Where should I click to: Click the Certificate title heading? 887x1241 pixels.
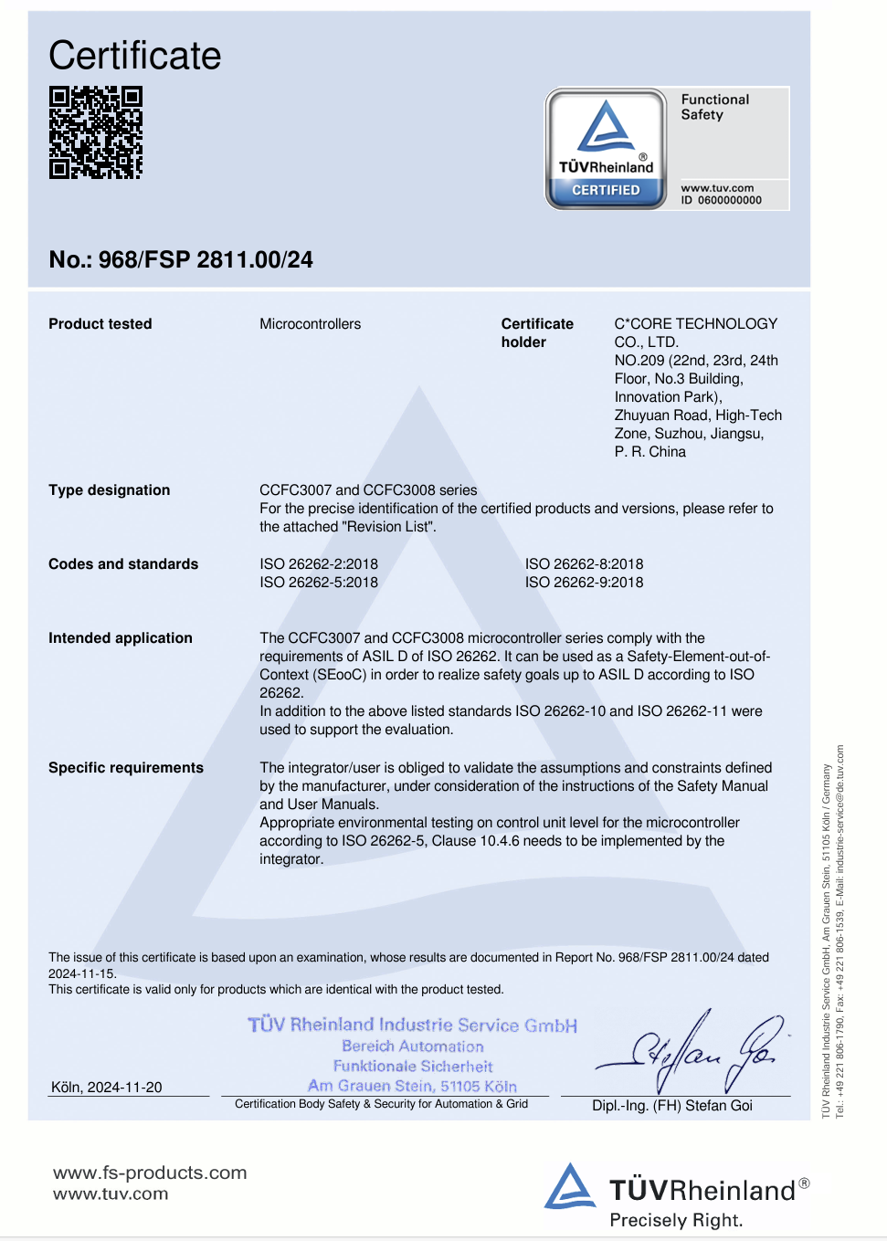[135, 56]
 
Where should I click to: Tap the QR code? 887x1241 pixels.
[96, 132]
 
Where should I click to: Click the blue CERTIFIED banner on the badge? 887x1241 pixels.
[606, 190]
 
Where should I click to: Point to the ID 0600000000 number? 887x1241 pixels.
[721, 200]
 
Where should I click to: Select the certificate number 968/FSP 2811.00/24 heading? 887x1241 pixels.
[181, 260]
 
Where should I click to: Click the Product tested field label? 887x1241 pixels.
[100, 324]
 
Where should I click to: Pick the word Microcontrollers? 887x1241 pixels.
[310, 324]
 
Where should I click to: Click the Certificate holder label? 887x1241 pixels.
[536, 333]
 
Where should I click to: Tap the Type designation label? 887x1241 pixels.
[110, 490]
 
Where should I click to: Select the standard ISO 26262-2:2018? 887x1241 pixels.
[319, 564]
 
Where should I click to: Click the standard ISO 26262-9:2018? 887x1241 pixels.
[584, 583]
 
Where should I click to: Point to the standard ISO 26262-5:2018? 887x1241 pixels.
[319, 583]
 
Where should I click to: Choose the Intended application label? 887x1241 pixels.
[121, 638]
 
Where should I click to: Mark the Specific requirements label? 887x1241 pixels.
[126, 768]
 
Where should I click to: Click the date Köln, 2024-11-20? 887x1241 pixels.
[107, 1087]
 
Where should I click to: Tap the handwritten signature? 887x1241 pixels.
[694, 1052]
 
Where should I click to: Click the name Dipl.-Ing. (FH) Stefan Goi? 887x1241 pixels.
[672, 1106]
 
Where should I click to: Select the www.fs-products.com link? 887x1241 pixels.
[150, 1173]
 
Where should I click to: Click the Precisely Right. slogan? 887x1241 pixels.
[676, 1220]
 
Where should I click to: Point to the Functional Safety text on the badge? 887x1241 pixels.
[714, 107]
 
